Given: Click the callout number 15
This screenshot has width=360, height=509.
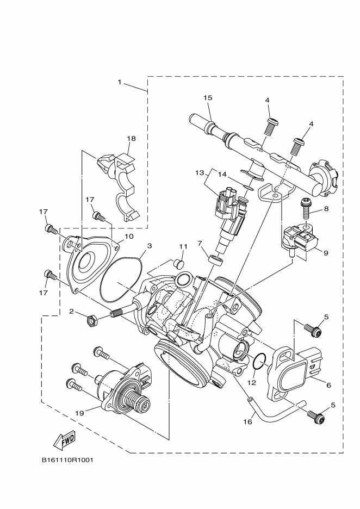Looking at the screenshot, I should (x=208, y=98).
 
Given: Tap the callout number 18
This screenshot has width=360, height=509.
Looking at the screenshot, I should (x=131, y=139).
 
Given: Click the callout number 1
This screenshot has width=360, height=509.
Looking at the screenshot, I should (x=119, y=82).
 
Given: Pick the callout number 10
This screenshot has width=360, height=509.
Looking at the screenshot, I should (x=129, y=237).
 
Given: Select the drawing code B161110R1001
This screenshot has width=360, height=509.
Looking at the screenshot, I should (x=67, y=460).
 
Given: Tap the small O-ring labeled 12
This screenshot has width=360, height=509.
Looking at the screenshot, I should (x=259, y=359).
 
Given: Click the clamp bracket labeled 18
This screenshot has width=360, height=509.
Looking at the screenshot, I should (x=121, y=182).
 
